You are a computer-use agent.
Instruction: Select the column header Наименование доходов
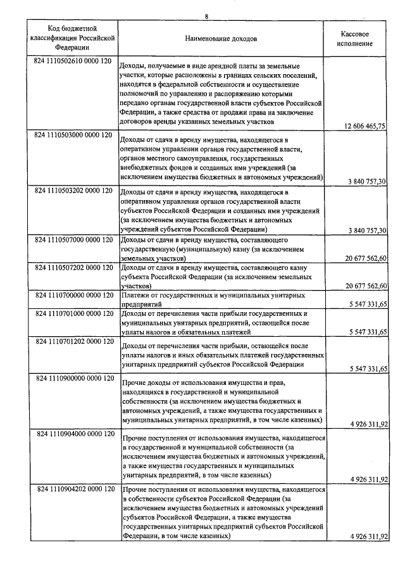pyautogui.click(x=221, y=39)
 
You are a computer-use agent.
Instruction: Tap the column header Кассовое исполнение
pyautogui.click(x=355, y=39)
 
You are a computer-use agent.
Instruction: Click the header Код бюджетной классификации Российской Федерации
pyautogui.click(x=72, y=38)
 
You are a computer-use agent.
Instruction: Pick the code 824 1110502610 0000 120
pyautogui.click(x=74, y=62)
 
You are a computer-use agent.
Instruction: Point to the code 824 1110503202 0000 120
pyautogui.click(x=74, y=190)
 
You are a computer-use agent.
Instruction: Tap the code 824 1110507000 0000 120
pyautogui.click(x=74, y=241)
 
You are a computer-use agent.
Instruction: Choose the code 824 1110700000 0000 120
pyautogui.click(x=74, y=295)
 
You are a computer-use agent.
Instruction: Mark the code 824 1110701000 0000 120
pyautogui.click(x=74, y=313)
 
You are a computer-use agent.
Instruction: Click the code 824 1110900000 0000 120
pyautogui.click(x=74, y=378)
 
